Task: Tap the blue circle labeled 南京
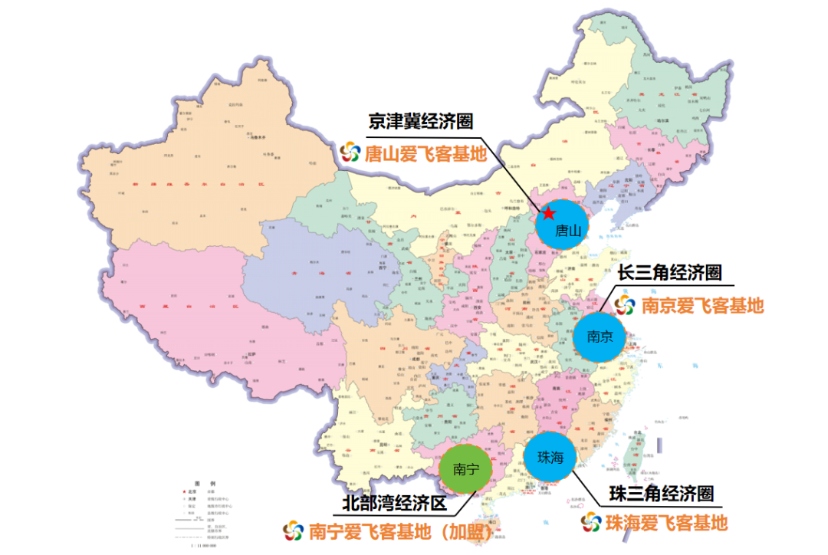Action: [x=600, y=336]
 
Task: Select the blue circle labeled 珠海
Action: [x=550, y=458]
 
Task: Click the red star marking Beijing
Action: [x=549, y=213]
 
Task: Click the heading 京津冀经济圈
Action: [x=420, y=121]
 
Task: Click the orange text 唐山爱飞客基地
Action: [x=426, y=153]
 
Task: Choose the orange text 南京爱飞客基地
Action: [x=702, y=305]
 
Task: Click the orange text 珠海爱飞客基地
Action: [x=665, y=524]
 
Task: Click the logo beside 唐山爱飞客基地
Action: [x=350, y=153]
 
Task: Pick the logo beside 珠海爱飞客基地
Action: [x=590, y=524]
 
